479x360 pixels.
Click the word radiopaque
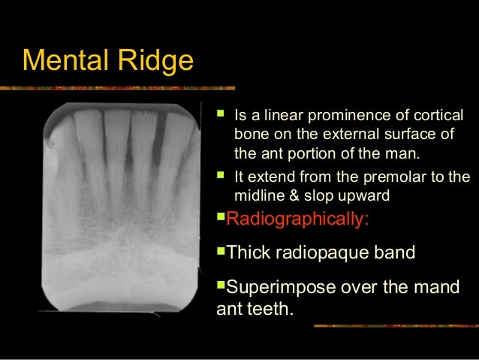click(x=325, y=252)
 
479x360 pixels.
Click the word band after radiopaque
click(x=392, y=252)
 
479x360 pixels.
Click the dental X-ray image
click(x=120, y=207)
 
